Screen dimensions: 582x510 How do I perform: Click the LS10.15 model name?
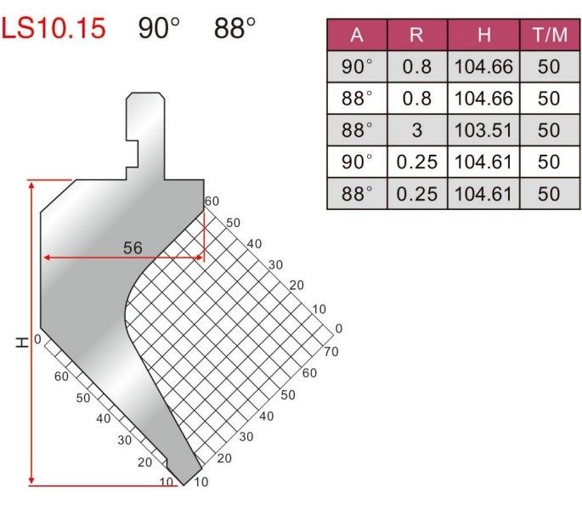(x=54, y=28)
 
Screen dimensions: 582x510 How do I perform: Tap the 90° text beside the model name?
(x=159, y=28)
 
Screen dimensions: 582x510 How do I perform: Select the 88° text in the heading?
(x=234, y=28)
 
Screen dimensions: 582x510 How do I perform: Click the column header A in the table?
(x=357, y=35)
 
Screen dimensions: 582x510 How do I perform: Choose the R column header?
(x=416, y=35)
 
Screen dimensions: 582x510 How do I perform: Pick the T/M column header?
(x=550, y=35)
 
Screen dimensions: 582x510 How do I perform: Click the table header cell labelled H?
(x=484, y=35)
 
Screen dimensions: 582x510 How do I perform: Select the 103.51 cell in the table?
(x=483, y=130)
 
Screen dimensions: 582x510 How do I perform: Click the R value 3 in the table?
(x=417, y=130)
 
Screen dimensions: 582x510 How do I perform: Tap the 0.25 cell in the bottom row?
(x=417, y=194)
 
